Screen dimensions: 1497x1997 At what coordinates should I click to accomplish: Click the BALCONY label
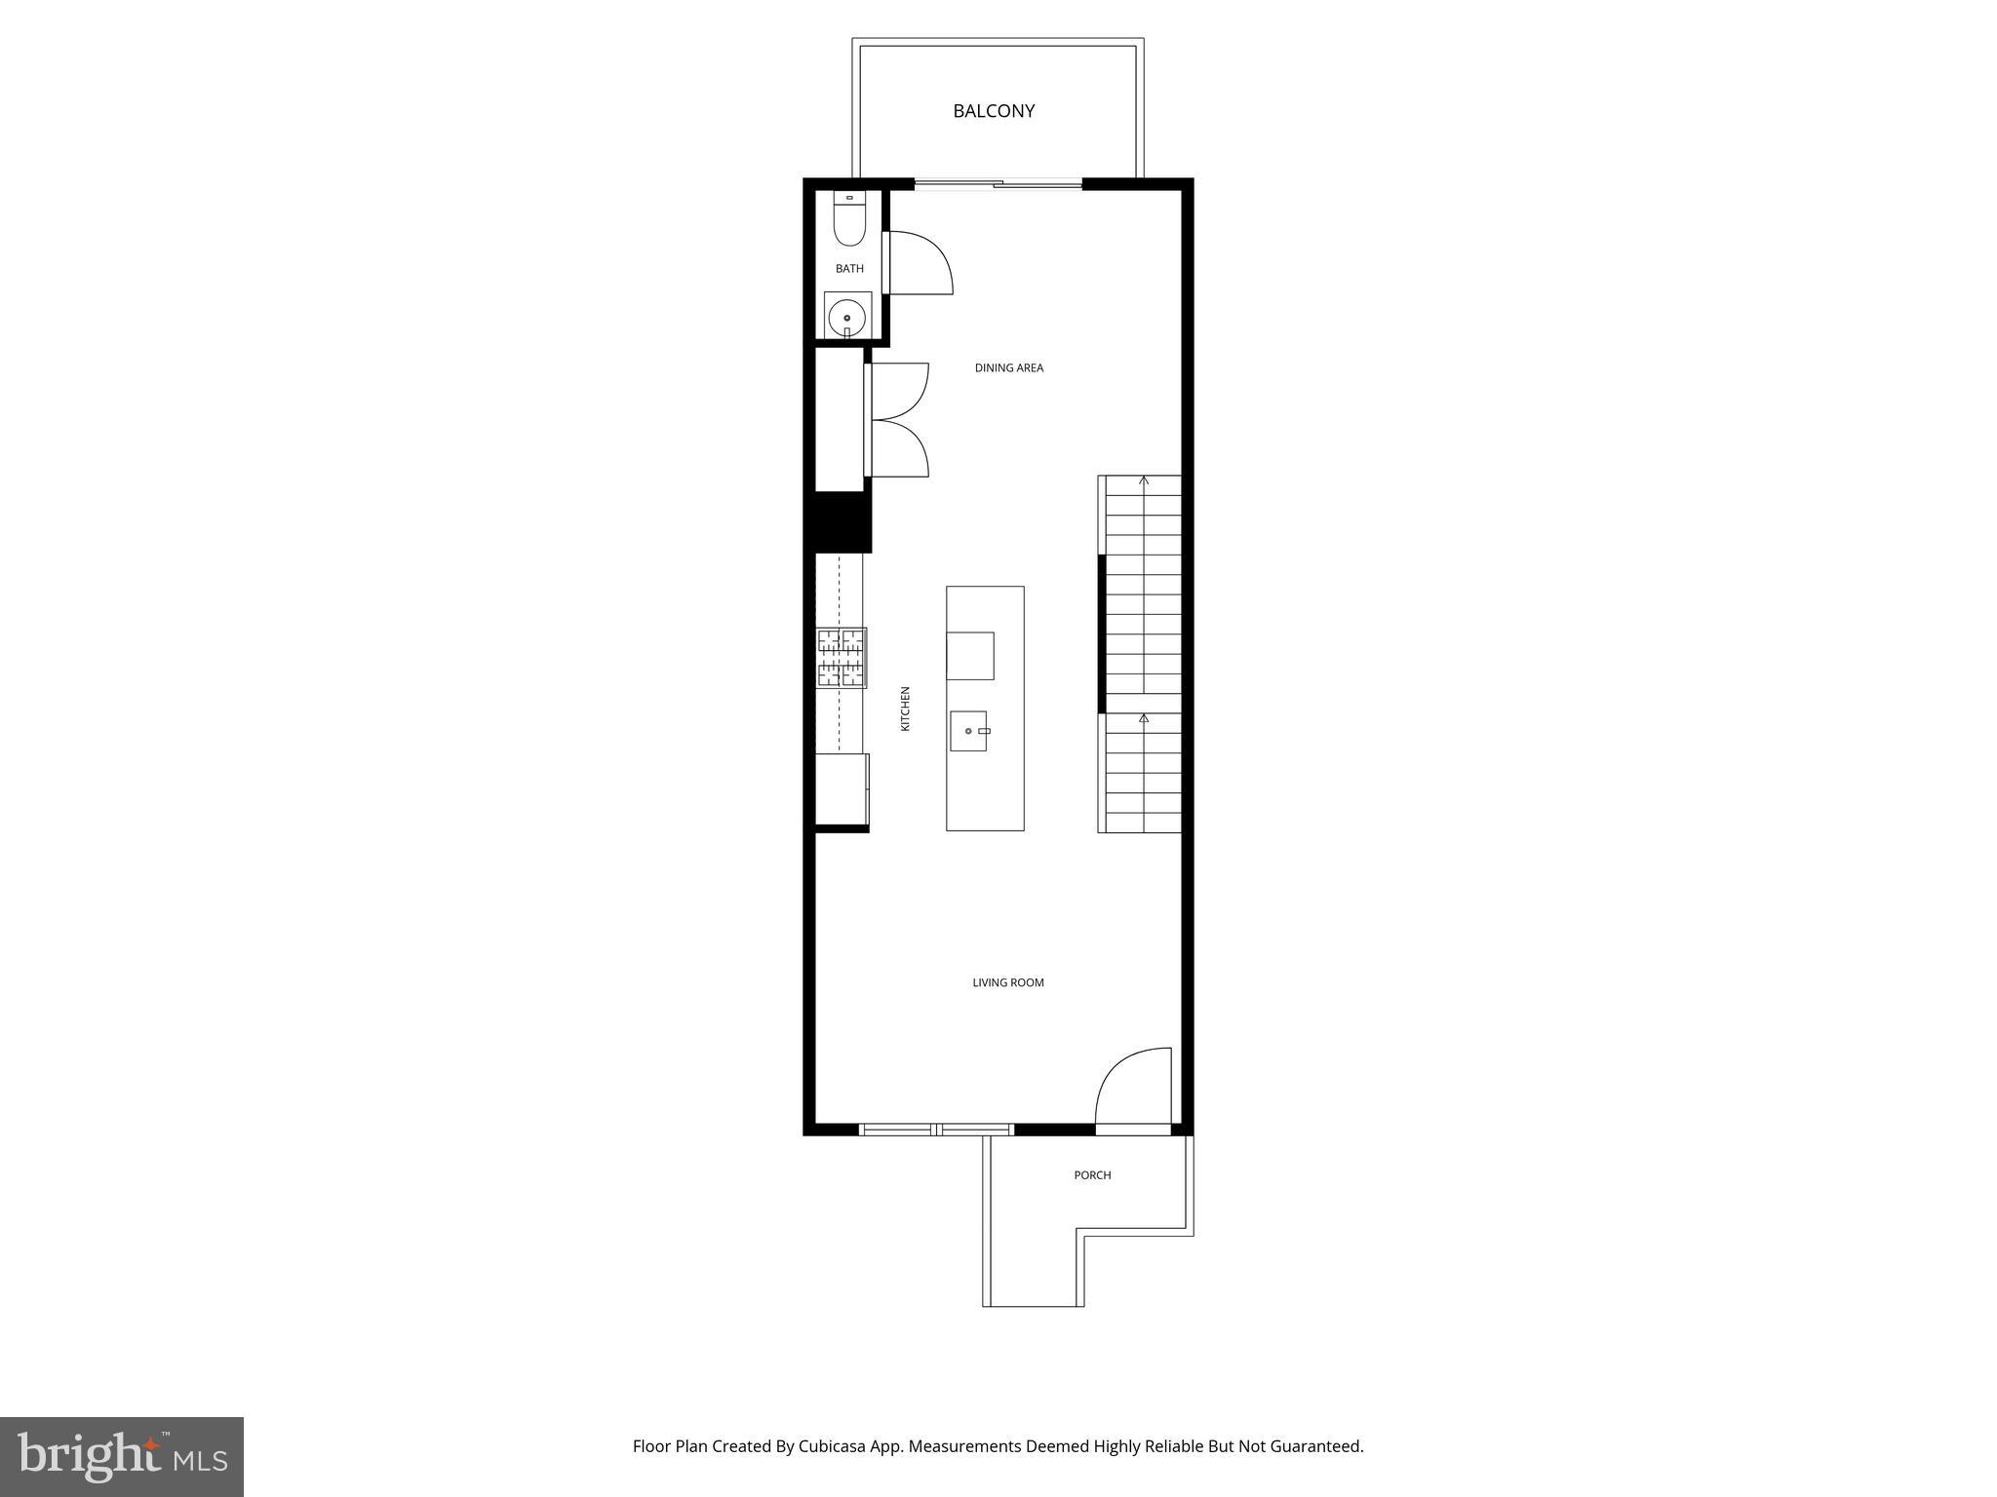click(994, 111)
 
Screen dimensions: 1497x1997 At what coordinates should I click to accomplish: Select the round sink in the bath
click(847, 317)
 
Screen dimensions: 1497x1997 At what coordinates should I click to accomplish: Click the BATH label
click(849, 269)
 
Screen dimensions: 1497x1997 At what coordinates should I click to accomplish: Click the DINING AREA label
click(1009, 368)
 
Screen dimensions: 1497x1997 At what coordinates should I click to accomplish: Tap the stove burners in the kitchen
click(841, 658)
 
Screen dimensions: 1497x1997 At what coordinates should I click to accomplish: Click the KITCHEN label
click(905, 709)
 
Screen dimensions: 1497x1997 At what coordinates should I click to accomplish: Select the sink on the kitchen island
click(969, 731)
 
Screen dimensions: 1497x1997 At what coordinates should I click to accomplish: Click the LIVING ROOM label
click(1008, 982)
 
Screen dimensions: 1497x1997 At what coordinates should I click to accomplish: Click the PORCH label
click(1092, 1175)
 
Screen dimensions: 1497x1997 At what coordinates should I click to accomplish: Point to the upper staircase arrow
click(1144, 480)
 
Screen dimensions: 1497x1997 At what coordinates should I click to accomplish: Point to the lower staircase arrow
click(1144, 719)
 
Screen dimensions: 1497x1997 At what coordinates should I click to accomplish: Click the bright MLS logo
click(122, 1456)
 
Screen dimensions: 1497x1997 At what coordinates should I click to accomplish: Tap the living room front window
click(936, 1130)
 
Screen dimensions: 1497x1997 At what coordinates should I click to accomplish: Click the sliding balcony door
click(998, 183)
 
